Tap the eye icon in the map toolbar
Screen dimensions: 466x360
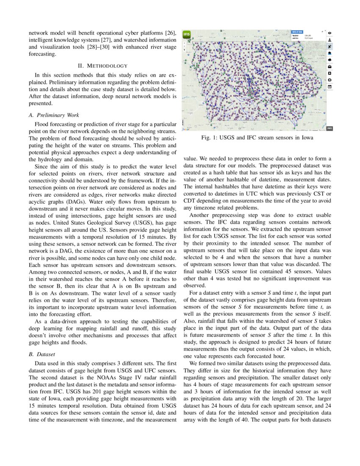[x=330, y=33]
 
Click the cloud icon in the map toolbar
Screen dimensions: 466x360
[x=330, y=59]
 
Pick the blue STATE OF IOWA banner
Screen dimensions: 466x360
[x=297, y=31]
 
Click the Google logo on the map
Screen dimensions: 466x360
[x=186, y=129]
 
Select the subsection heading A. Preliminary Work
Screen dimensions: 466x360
[x=53, y=115]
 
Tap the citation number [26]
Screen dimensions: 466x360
[x=171, y=33]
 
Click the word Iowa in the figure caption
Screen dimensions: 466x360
[x=305, y=138]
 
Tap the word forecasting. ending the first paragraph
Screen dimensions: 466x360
[x=42, y=54]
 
